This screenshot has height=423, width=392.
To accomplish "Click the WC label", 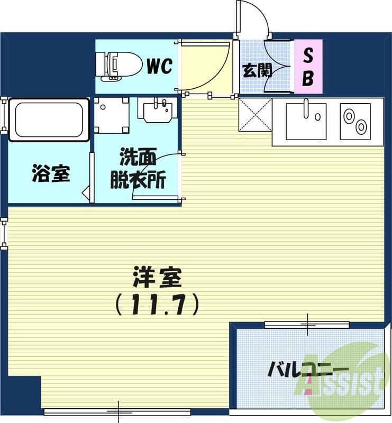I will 159,67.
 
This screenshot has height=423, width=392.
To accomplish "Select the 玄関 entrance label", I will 257,70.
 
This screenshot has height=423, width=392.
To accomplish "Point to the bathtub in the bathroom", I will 49,120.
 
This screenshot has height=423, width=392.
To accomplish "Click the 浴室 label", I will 51,173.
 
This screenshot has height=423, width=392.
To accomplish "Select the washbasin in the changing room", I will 156,109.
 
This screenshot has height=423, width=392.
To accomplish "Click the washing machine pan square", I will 111,115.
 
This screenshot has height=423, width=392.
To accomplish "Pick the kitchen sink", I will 306,121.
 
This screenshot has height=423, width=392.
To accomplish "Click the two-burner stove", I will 354,121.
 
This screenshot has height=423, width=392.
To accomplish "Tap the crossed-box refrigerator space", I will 255,114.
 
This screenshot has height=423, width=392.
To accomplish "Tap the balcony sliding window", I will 307,324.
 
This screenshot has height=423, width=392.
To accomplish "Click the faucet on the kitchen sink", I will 306,108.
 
